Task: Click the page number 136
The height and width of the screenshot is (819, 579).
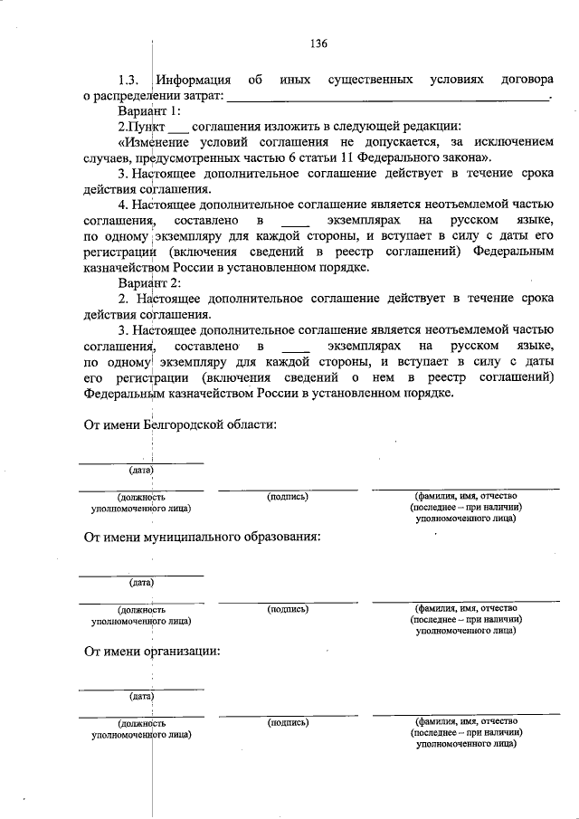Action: (x=318, y=43)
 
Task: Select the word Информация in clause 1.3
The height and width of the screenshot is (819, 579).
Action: (x=193, y=80)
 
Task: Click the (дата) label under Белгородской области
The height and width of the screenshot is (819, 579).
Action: (x=140, y=471)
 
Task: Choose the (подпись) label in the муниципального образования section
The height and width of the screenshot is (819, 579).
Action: (x=288, y=610)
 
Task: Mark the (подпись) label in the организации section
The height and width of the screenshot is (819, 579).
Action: (x=288, y=723)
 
